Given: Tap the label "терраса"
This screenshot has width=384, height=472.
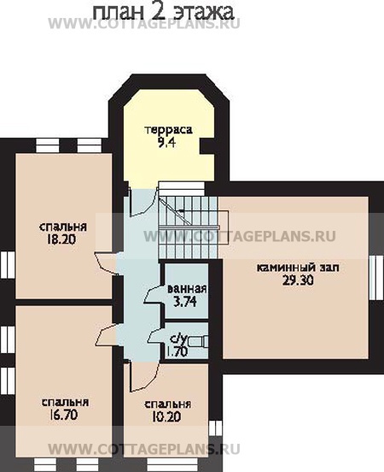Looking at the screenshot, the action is pos(169,130).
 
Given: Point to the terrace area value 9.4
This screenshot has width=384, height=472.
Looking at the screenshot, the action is pos(166,143).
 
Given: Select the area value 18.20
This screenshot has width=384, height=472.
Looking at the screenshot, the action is pos(61,239).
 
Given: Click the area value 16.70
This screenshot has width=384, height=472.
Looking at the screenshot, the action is pos(63,415).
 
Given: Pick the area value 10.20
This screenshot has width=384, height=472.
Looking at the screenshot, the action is pos(166,417).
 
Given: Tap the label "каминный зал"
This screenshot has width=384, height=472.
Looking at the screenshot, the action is pos(298,268).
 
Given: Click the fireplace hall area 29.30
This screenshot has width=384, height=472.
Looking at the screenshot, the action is pos(298,280).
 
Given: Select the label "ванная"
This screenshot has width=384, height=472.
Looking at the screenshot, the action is pos(187,289).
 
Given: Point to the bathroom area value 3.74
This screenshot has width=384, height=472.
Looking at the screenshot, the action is pos(185,301).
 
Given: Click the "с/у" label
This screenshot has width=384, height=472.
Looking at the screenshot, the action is pos(178,339).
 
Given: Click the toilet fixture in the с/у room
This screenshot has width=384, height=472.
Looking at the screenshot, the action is pos(198,342).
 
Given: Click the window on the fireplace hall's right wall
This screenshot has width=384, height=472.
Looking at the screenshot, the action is pos(376,278).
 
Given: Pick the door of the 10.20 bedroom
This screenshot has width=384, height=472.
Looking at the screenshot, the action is pos(143,376).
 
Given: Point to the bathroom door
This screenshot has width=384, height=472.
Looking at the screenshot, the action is pos(154,293).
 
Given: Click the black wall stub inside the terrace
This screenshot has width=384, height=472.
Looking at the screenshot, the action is pos(207,145).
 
